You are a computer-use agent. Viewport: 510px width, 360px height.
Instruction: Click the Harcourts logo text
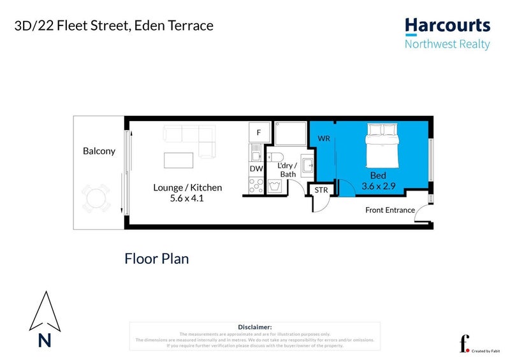pos(448,26)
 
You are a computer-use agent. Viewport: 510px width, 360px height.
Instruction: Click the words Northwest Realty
pos(448,44)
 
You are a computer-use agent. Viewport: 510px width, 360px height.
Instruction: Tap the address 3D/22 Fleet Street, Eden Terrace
pos(113,26)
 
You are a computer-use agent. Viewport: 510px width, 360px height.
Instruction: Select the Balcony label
pos(99,151)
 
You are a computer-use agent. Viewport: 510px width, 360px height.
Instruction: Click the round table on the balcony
pos(96,197)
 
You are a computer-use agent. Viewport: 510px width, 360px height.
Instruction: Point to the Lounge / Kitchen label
pos(187,187)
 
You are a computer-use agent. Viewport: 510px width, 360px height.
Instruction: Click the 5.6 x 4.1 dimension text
pos(187,198)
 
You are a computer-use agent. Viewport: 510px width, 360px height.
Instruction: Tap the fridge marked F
pos(258,133)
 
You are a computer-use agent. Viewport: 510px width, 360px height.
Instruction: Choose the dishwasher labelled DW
pos(256,169)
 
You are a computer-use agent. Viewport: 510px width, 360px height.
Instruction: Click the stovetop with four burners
pos(256,185)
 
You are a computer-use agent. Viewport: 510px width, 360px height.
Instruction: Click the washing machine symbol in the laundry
pos(276,186)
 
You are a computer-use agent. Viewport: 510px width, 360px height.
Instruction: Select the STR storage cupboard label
pos(320,190)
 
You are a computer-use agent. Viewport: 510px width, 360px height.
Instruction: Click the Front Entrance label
pos(390,210)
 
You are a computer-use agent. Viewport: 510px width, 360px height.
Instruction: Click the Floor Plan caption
pos(156,259)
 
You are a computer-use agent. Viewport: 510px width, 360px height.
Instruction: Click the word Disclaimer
pos(254,326)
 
